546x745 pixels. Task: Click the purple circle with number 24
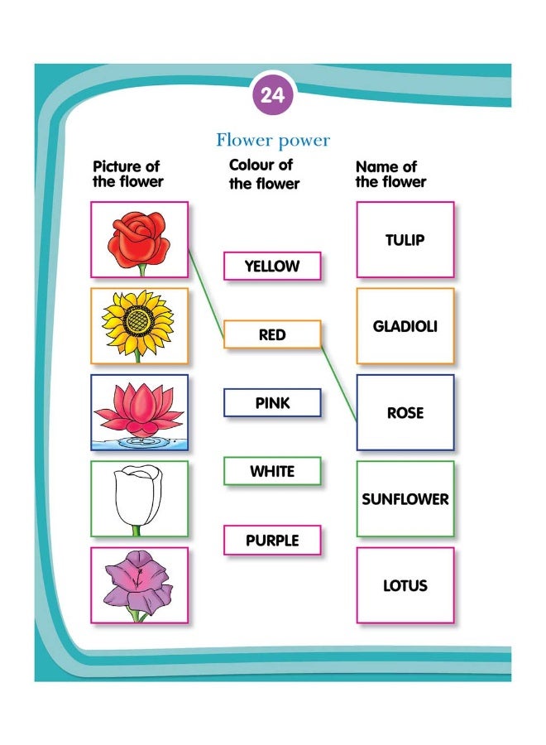click(272, 94)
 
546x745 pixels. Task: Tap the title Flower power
click(273, 140)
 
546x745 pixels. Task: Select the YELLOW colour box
click(272, 266)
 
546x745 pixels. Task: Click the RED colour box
click(272, 334)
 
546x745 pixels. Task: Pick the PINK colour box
click(272, 403)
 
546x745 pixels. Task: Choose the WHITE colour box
click(272, 471)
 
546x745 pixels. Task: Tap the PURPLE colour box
click(272, 540)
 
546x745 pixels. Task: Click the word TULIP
click(405, 240)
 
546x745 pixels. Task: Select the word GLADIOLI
click(405, 326)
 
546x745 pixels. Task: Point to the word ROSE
click(405, 412)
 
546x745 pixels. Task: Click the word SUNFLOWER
click(405, 499)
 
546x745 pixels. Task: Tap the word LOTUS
click(405, 585)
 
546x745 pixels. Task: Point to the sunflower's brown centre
click(139, 320)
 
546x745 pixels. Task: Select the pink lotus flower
click(139, 411)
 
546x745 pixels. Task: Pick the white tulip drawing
click(137, 499)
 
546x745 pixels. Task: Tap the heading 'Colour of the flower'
click(264, 175)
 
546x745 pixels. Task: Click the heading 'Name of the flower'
click(390, 175)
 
